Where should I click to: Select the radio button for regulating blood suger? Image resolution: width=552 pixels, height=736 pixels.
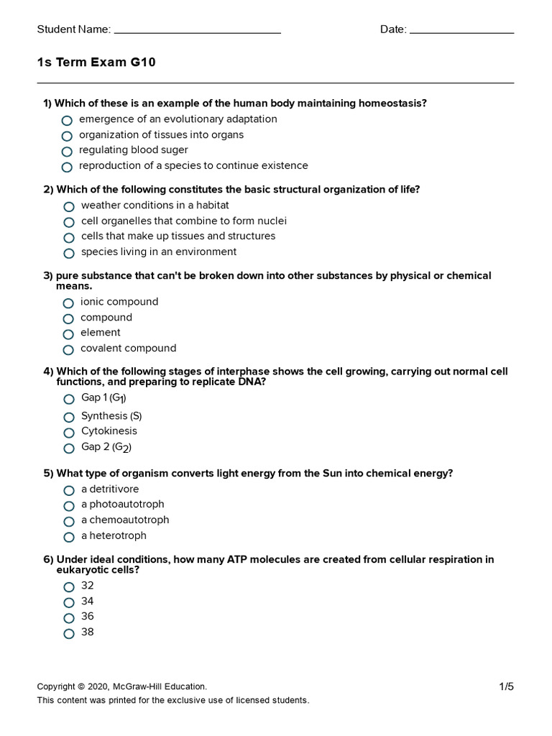pyautogui.click(x=67, y=152)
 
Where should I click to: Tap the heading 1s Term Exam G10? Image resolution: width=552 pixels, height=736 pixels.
pyautogui.click(x=96, y=63)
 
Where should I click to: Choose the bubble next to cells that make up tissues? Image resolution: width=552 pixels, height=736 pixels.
pyautogui.click(x=69, y=238)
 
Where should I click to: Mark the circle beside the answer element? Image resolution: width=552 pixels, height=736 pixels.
pyautogui.click(x=68, y=334)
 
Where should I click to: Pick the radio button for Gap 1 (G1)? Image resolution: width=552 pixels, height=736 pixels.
pyautogui.click(x=69, y=400)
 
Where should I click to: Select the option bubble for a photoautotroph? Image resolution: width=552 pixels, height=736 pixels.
pyautogui.click(x=69, y=506)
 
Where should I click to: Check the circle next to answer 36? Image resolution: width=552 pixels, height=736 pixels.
pyautogui.click(x=69, y=618)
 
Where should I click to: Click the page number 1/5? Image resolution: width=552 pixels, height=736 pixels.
pyautogui.click(x=507, y=686)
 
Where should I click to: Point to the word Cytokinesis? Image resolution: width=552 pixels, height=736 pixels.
pyautogui.click(x=109, y=431)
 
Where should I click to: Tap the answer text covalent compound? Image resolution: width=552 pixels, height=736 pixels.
pyautogui.click(x=128, y=349)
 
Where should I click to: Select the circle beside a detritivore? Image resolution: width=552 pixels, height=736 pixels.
pyautogui.click(x=69, y=491)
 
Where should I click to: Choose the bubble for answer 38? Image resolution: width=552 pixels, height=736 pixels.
pyautogui.click(x=69, y=634)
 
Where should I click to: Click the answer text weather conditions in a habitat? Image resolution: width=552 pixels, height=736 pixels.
pyautogui.click(x=155, y=206)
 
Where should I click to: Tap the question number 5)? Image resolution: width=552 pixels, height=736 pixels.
pyautogui.click(x=48, y=474)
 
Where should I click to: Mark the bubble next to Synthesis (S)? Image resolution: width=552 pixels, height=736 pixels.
pyautogui.click(x=69, y=418)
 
